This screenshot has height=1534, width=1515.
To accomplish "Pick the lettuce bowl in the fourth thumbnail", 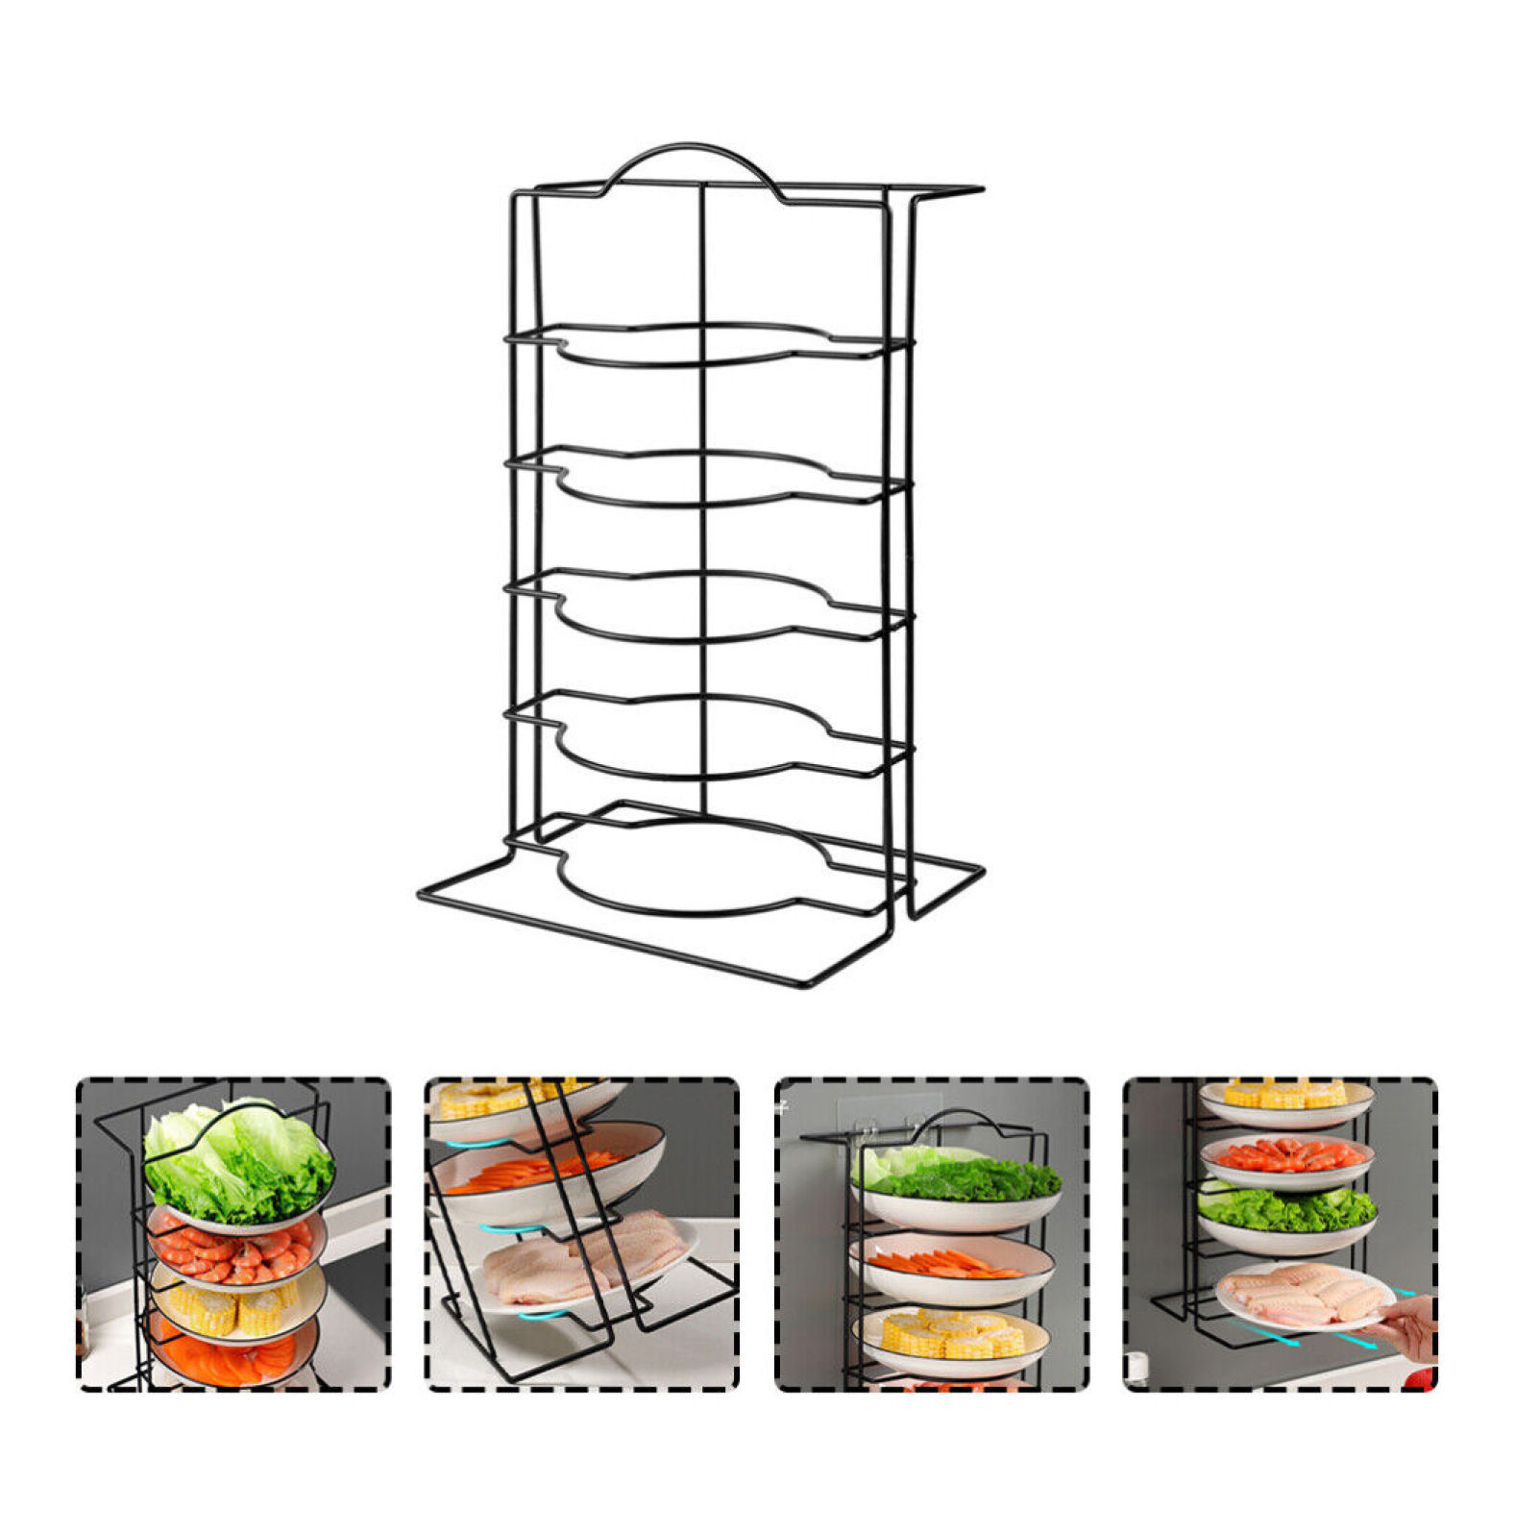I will (x=1287, y=1216).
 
